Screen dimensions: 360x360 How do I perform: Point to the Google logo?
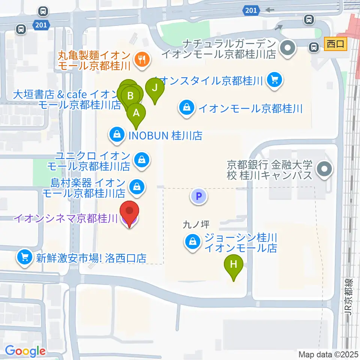click(25, 351)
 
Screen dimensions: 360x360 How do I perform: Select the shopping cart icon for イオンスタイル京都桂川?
click(274, 79)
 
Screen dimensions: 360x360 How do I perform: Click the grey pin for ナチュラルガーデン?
click(288, 48)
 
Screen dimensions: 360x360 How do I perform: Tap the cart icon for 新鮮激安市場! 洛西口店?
click(25, 258)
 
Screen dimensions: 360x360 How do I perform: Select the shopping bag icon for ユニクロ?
click(142, 160)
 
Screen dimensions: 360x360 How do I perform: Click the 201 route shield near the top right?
click(251, 10)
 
